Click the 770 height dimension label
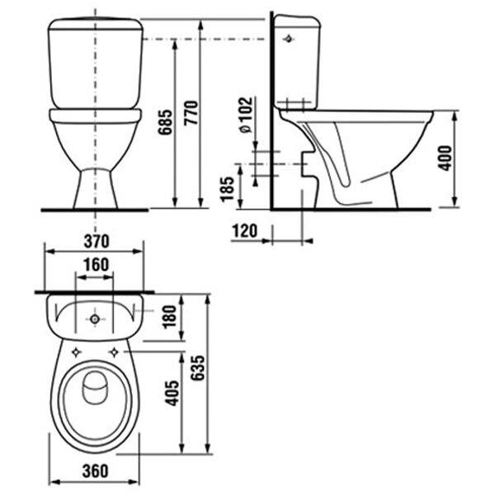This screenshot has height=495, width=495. (191, 113)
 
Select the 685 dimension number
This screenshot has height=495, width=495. (166, 122)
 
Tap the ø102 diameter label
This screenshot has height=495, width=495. (246, 115)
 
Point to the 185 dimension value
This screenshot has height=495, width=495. (228, 189)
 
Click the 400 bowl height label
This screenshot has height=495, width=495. (445, 158)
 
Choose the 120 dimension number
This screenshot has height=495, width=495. (245, 231)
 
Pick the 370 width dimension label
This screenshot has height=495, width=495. (97, 242)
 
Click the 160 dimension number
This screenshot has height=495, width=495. (97, 265)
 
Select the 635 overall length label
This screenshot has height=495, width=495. (199, 368)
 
